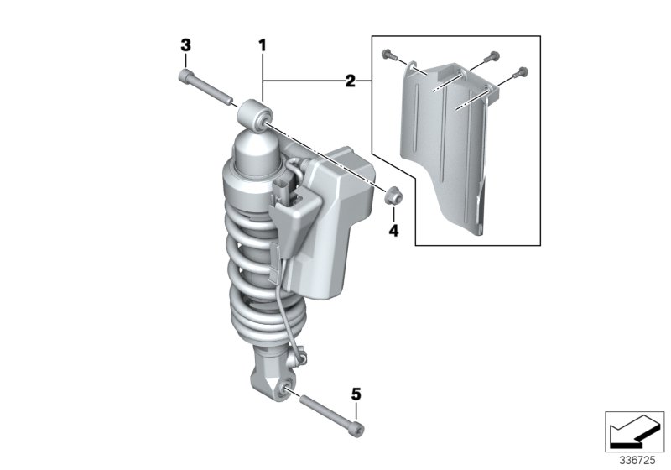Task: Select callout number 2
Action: tap(351, 81)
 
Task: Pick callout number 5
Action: tap(356, 393)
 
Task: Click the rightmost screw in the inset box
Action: tap(523, 72)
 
